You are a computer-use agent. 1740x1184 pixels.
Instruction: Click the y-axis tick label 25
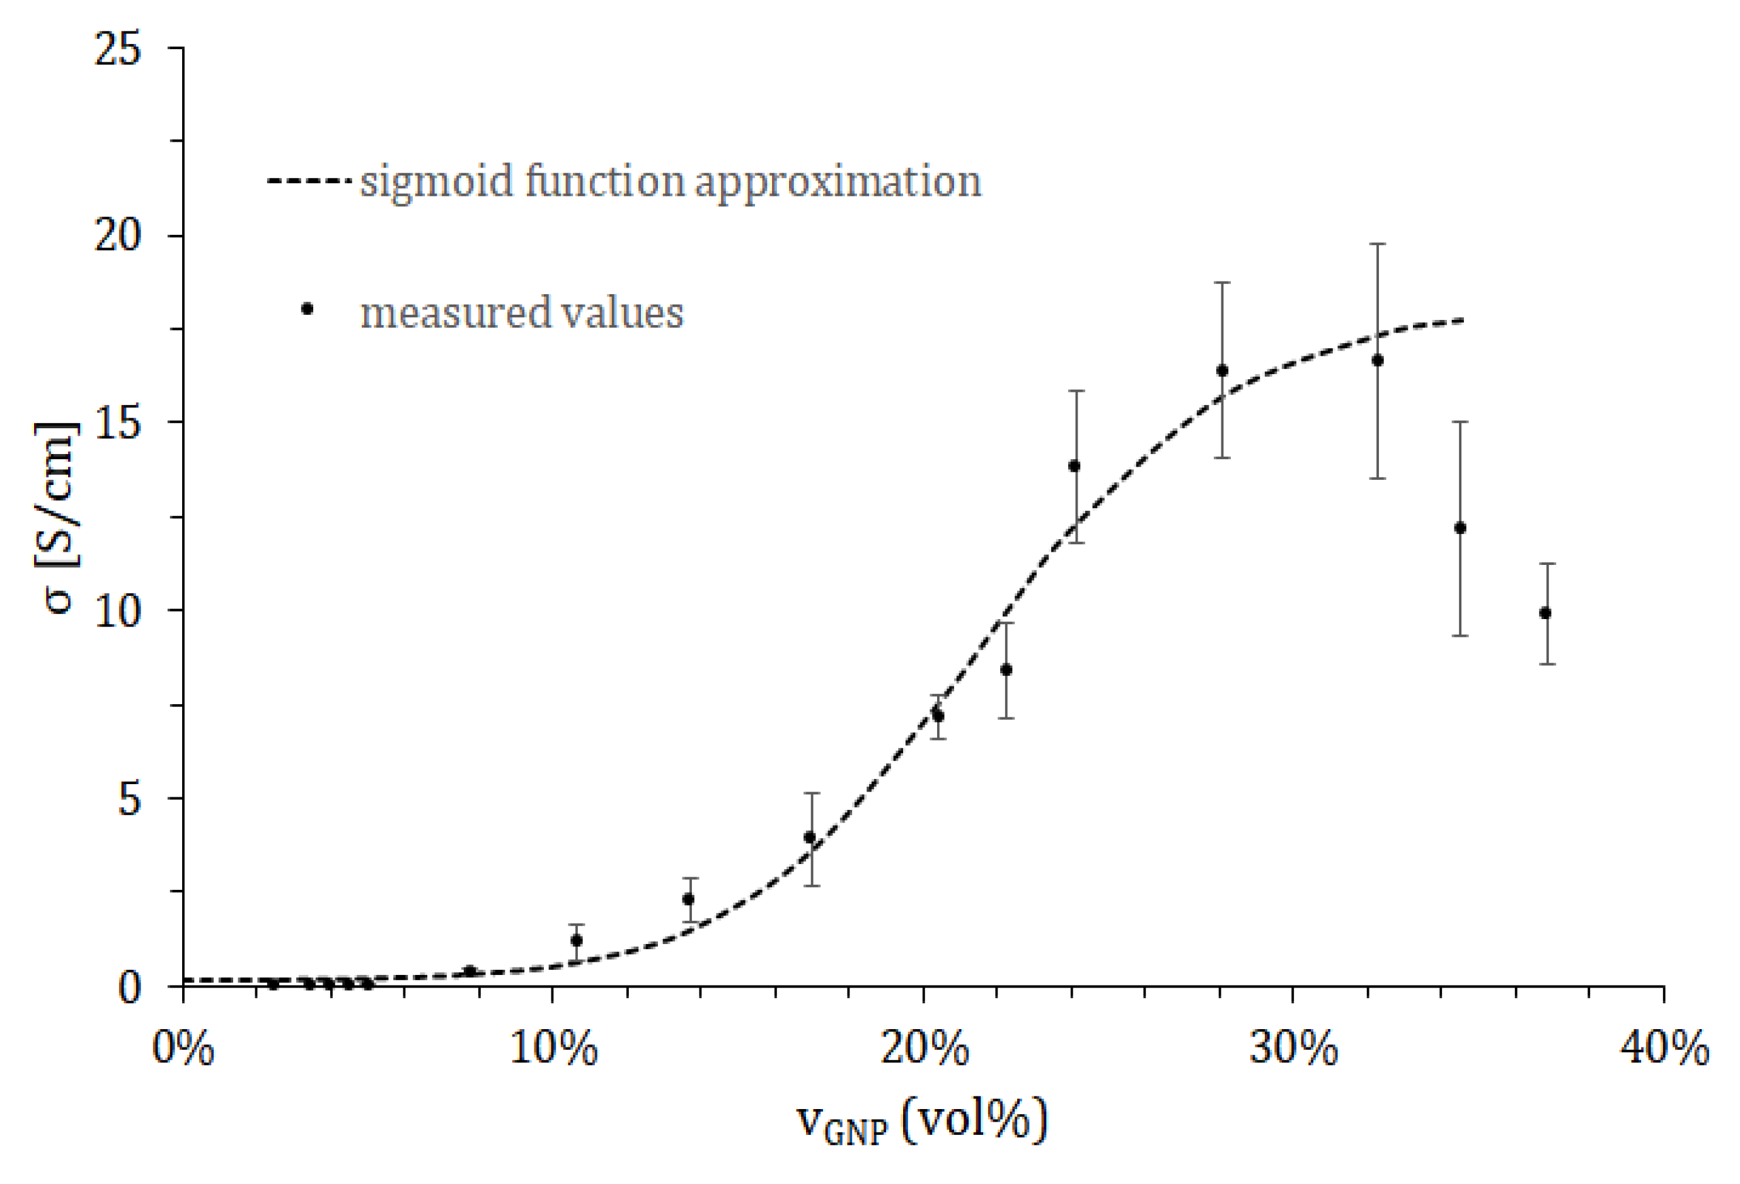(118, 50)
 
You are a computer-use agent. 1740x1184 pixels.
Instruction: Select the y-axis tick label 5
(130, 799)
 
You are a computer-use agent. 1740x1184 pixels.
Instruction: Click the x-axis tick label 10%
(553, 1048)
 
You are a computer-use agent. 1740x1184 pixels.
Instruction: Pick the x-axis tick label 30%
(1293, 1048)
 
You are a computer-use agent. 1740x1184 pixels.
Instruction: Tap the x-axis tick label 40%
(1664, 1048)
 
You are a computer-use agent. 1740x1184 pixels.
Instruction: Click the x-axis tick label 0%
(183, 1048)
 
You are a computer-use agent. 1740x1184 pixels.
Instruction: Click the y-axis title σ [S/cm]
(56, 516)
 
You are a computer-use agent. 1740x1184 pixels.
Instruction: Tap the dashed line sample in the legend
(308, 180)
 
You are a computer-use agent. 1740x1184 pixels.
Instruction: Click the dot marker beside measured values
(307, 309)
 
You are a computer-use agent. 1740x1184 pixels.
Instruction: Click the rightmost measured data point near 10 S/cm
(1545, 613)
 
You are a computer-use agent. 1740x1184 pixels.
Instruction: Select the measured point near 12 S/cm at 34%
(1460, 528)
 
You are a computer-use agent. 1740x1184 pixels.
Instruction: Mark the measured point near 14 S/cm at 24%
(1075, 466)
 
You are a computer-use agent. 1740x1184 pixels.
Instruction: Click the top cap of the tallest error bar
(1378, 244)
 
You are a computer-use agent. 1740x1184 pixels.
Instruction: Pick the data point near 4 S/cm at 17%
(810, 837)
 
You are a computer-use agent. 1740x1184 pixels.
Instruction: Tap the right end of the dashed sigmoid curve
(1461, 321)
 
